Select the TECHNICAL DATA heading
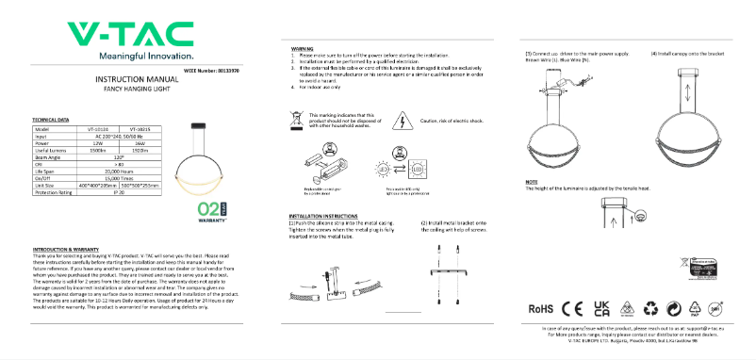51,121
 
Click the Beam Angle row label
49,156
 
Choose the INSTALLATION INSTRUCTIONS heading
324,216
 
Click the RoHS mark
540,308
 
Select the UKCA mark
600,308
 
